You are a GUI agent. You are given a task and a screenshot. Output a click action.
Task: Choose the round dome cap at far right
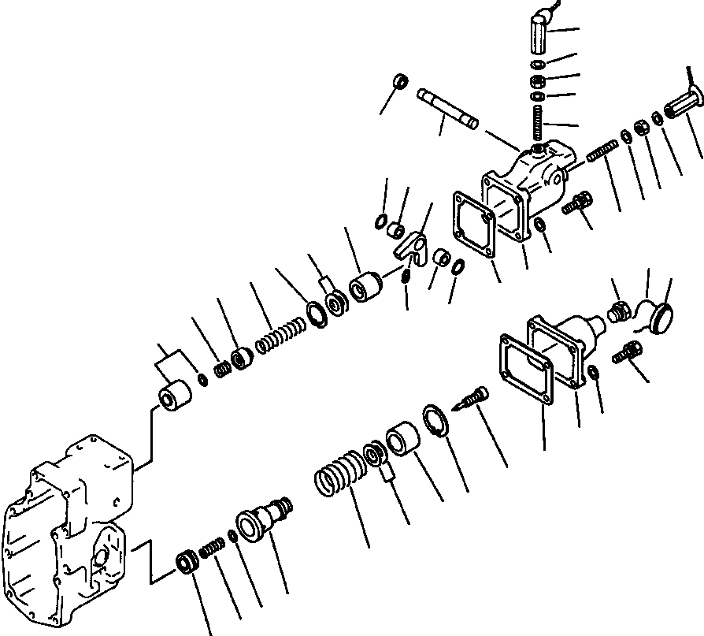660,318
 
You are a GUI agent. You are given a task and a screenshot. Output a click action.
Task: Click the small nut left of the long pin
400,81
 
